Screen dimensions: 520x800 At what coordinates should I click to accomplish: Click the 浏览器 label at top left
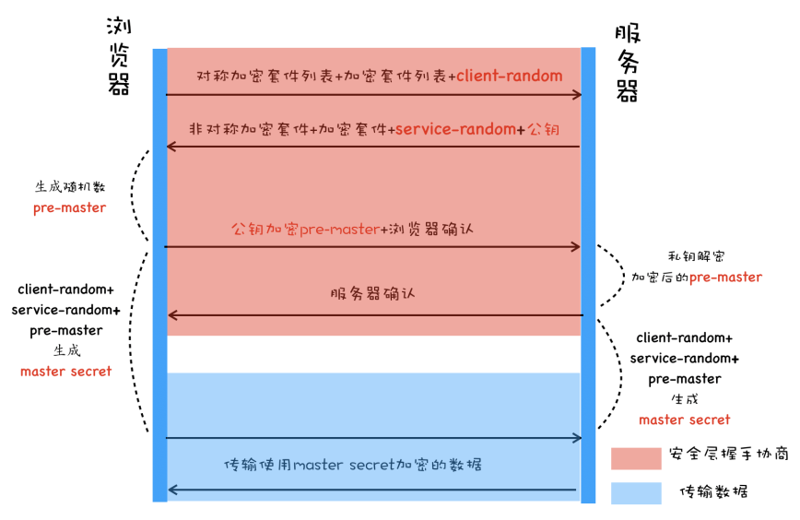(119, 56)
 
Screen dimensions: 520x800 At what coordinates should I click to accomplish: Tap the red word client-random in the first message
(510, 76)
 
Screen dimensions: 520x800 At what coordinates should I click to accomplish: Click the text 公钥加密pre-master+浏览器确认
(352, 228)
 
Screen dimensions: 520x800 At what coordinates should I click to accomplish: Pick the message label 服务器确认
(372, 294)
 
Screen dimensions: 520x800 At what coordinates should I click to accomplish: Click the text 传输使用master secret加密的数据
(366, 465)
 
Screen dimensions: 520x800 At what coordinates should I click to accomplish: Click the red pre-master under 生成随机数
(70, 207)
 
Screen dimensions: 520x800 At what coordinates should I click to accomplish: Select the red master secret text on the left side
(65, 372)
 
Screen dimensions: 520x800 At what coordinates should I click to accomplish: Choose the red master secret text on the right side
(684, 420)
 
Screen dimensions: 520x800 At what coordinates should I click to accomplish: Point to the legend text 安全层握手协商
(728, 455)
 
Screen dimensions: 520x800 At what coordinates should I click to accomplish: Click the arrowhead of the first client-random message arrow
(576, 94)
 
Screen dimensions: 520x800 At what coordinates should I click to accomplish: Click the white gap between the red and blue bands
(372, 354)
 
